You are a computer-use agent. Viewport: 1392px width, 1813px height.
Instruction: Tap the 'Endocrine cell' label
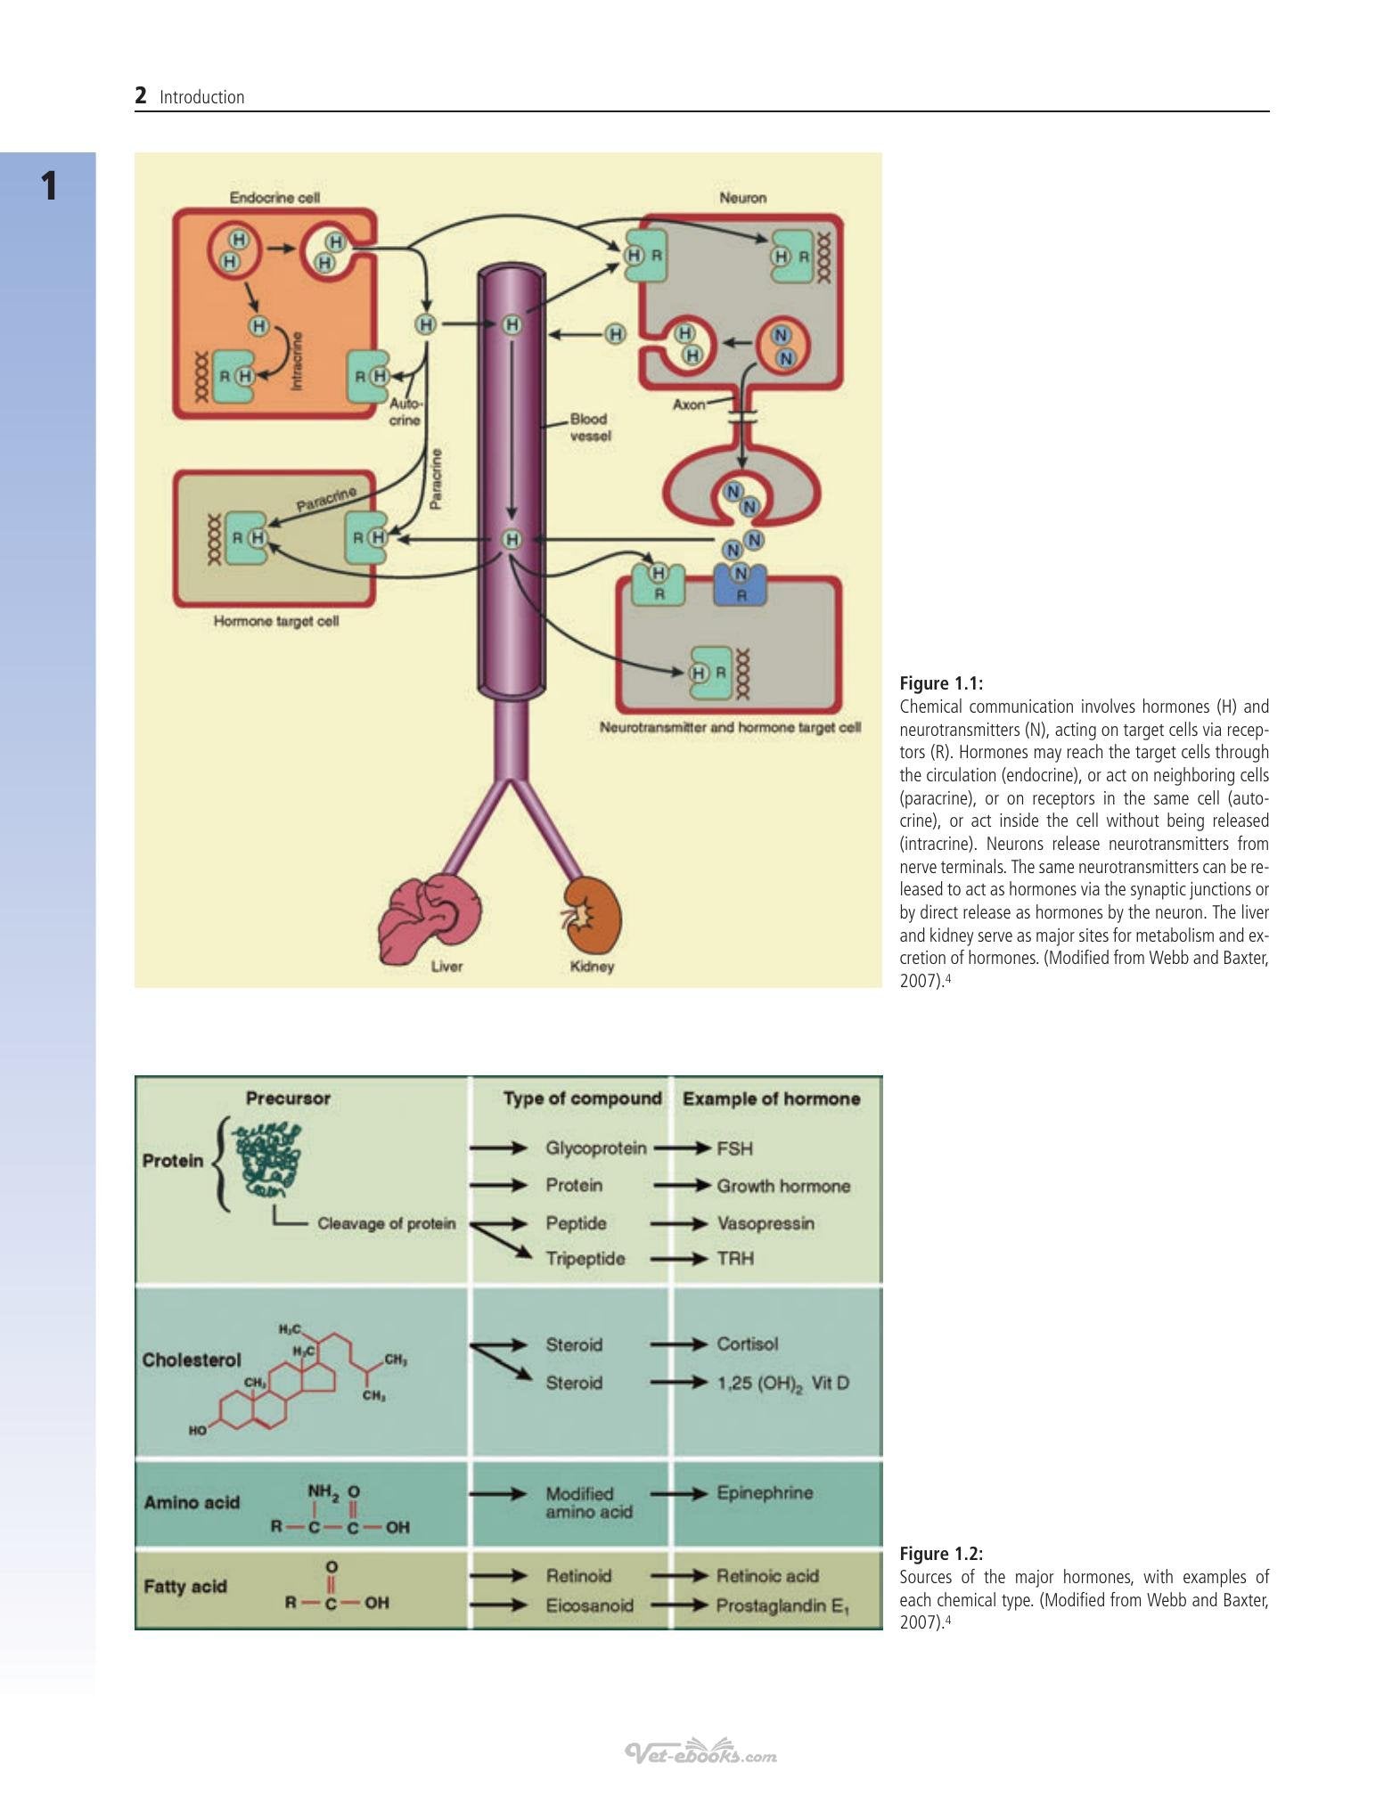tap(274, 197)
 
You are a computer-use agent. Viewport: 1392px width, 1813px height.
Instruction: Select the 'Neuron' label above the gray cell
tap(742, 198)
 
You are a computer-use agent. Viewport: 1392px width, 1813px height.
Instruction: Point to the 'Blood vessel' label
tap(589, 427)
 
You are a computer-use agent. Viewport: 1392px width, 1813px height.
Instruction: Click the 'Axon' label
tap(688, 404)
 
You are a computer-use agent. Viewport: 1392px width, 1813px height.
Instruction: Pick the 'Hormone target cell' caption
tap(276, 621)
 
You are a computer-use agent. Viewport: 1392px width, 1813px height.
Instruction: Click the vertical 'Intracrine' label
tap(297, 361)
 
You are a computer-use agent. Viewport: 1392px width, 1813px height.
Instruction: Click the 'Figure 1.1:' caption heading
tap(941, 683)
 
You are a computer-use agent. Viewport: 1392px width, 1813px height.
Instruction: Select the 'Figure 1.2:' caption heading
tap(941, 1554)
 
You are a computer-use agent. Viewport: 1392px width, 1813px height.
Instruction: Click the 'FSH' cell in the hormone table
tap(735, 1148)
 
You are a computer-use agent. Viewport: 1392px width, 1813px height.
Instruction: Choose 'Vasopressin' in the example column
tap(766, 1223)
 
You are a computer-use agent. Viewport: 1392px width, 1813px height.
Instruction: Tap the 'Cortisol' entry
tap(747, 1344)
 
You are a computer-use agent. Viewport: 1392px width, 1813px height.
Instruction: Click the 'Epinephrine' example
tap(765, 1493)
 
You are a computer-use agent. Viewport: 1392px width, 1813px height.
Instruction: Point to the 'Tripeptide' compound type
tap(585, 1259)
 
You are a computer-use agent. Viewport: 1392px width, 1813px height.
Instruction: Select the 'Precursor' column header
tap(288, 1098)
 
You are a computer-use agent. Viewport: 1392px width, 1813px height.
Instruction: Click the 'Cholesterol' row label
tap(192, 1360)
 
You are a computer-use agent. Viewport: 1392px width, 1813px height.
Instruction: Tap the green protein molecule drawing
tap(267, 1158)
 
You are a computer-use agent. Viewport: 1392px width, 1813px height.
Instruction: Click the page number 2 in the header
tap(141, 95)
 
